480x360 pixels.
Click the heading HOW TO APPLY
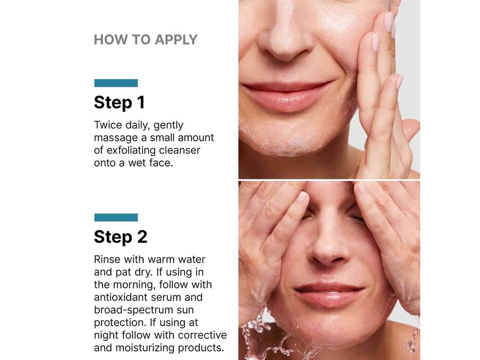145,39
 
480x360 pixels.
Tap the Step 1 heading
119,103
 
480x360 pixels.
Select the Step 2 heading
120,237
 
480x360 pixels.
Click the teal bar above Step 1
115,83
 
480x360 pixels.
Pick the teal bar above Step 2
115,217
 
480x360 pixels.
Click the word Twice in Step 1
108,125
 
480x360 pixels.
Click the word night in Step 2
106,335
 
